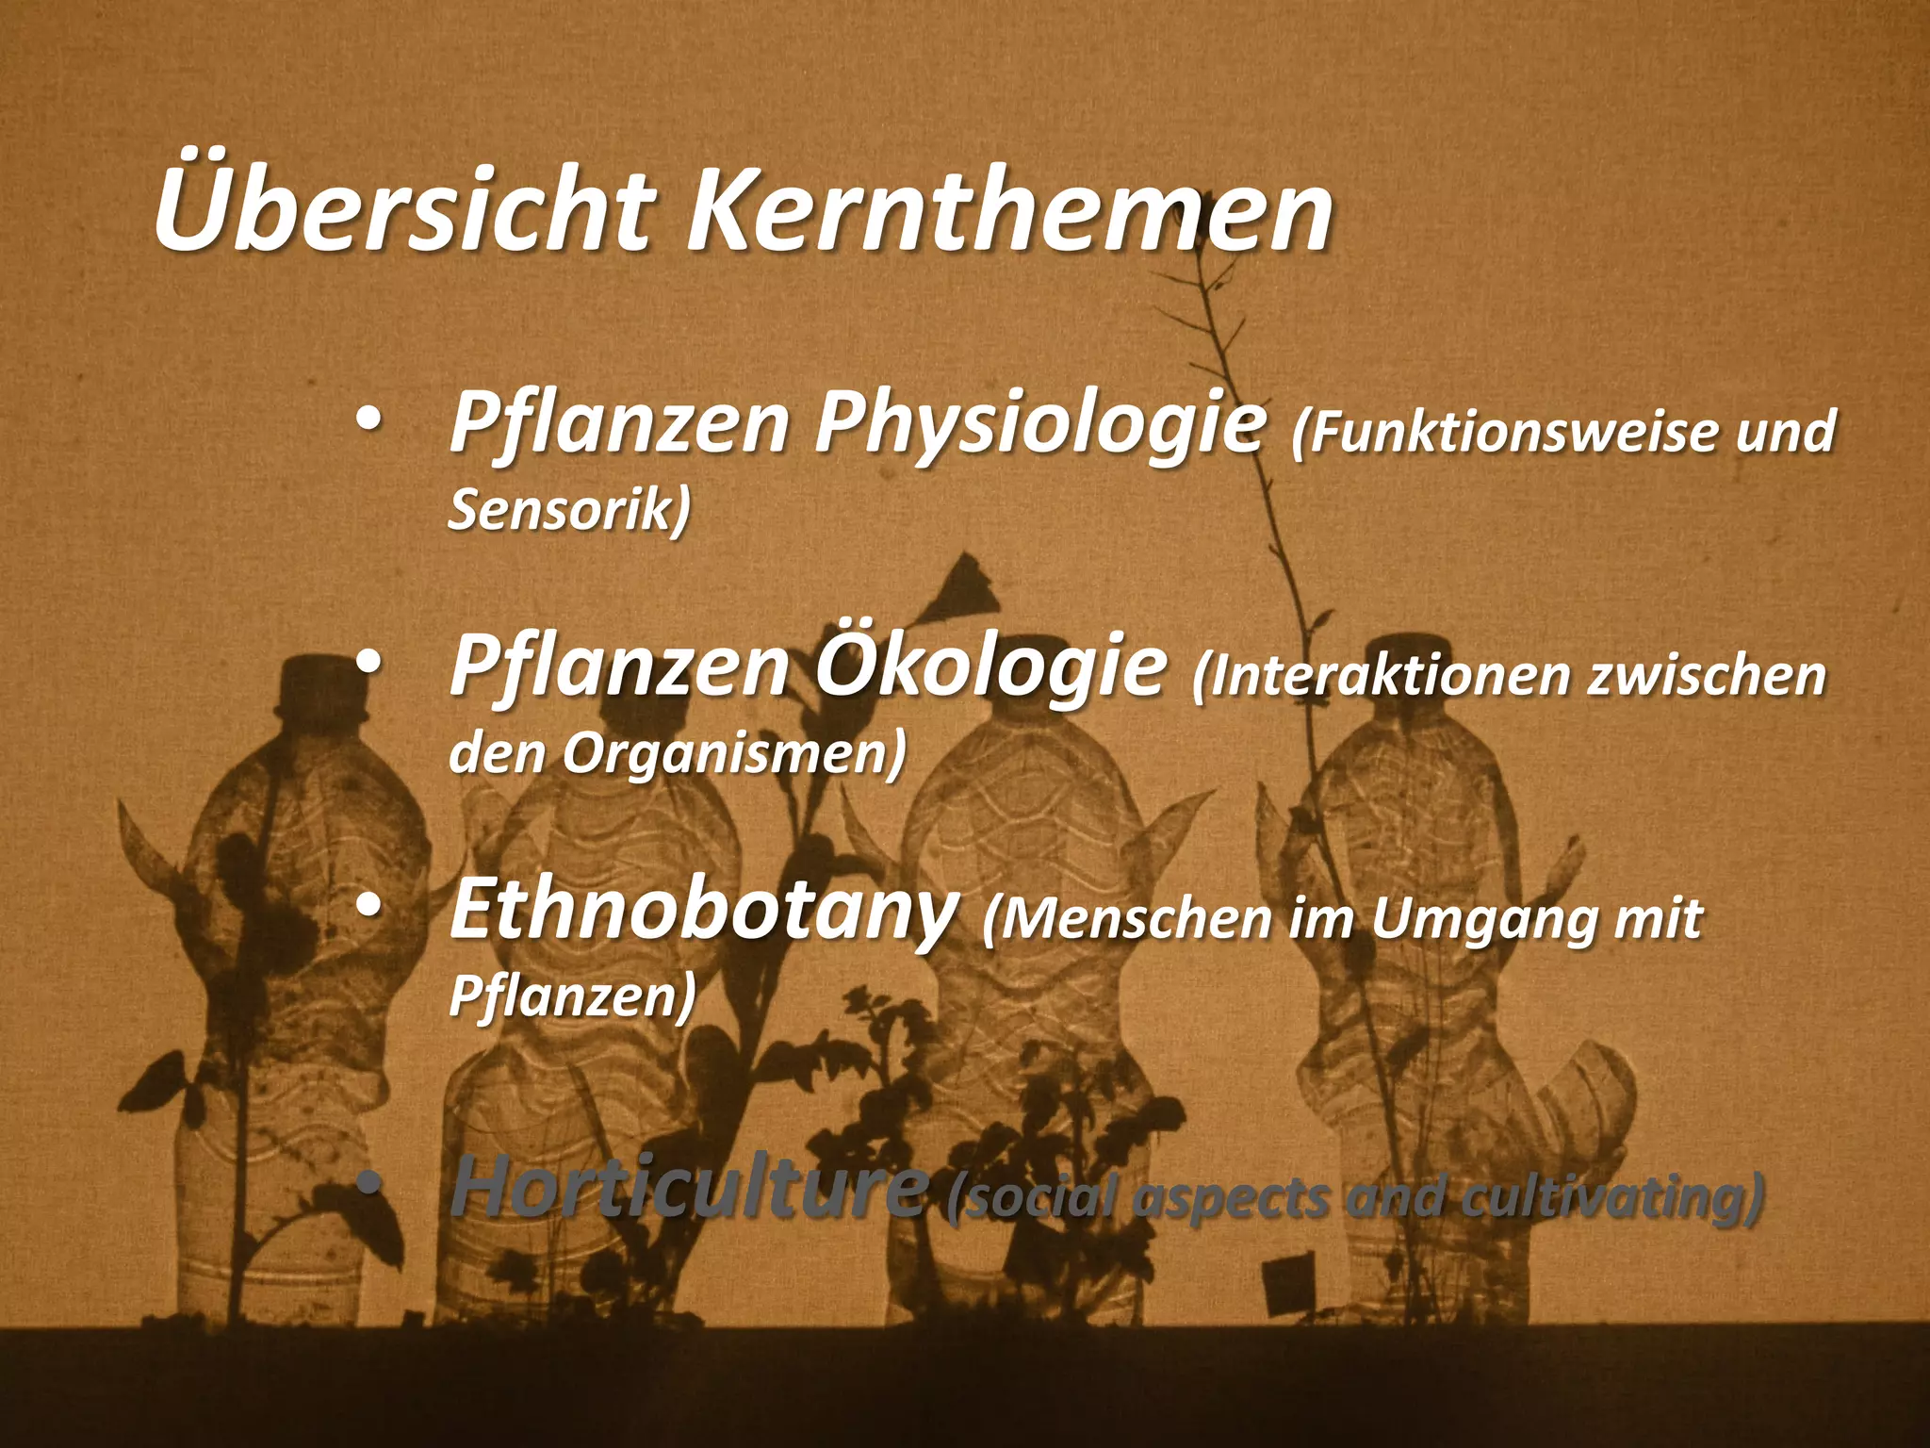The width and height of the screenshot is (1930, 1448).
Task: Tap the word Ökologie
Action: [x=990, y=668]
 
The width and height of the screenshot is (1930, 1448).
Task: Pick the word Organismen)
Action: [x=735, y=753]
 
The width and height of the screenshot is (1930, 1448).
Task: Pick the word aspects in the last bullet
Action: [x=1234, y=1199]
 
